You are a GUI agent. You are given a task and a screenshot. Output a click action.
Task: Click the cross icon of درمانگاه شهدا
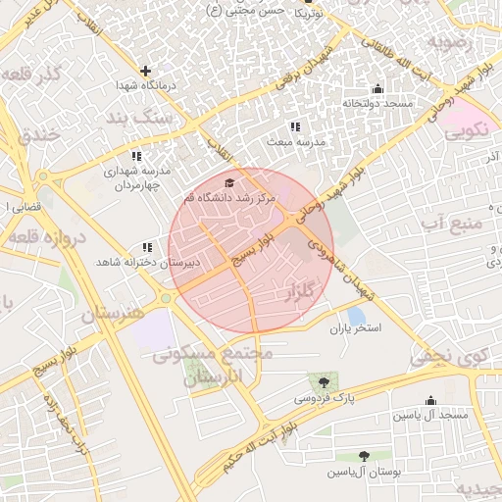pos(146,71)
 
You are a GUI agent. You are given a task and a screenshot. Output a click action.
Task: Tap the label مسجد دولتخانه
pos(377,103)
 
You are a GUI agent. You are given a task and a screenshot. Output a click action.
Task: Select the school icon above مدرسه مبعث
pos(295,126)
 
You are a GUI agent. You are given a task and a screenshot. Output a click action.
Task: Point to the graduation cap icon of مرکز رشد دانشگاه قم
pos(230,182)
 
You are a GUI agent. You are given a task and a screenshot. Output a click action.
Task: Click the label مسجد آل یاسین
pos(431,416)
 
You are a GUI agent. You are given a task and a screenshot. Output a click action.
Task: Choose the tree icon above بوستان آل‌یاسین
pos(365,456)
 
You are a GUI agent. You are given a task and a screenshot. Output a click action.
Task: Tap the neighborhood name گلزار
pos(304,292)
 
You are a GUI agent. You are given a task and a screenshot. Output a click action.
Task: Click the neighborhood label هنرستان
pos(112,314)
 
